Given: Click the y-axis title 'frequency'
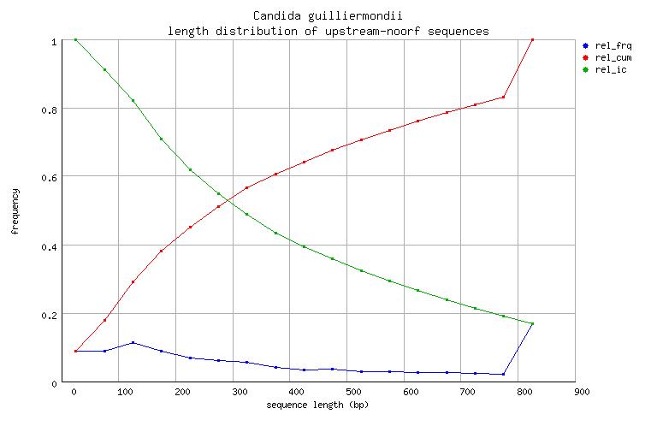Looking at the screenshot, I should coord(15,212).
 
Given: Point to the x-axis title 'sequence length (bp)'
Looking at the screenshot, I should coord(324,404).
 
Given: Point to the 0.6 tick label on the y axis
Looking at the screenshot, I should coord(56,177).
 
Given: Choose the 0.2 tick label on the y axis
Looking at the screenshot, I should coord(56,314).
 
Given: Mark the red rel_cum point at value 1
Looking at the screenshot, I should coord(532,39).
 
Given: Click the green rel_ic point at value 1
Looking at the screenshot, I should coord(75,39).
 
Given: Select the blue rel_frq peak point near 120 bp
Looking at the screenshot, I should coord(109,342).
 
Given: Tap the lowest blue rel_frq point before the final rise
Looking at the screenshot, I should coord(503,374).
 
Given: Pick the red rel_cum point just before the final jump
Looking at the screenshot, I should coord(503,97).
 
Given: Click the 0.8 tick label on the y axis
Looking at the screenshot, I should coord(56,109).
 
